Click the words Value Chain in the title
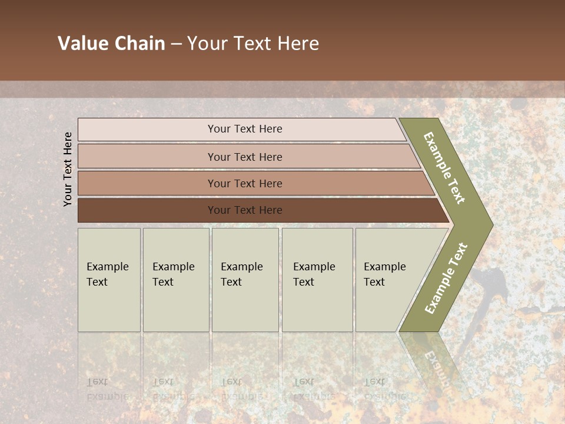[111, 44]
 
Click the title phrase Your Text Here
[253, 44]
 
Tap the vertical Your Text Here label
[68, 169]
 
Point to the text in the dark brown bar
[245, 210]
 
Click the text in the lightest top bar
[245, 129]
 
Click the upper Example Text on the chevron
[444, 168]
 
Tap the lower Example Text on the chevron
[446, 279]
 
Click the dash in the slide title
[176, 44]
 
